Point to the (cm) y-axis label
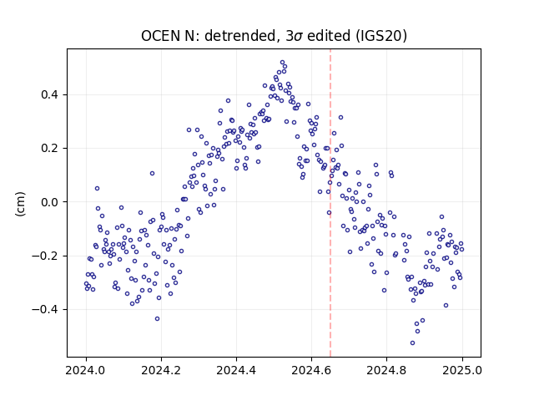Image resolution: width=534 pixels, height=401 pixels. [x=20, y=204]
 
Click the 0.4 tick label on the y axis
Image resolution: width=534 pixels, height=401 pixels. [x=49, y=94]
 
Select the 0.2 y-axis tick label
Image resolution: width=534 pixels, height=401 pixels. [x=49, y=149]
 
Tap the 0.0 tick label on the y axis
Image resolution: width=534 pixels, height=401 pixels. [x=49, y=202]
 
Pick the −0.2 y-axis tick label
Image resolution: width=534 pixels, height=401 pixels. [x=45, y=256]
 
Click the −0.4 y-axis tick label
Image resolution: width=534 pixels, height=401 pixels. [x=45, y=309]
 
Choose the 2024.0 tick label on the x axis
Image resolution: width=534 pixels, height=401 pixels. [x=86, y=370]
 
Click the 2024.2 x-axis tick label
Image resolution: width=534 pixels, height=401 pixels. [x=161, y=370]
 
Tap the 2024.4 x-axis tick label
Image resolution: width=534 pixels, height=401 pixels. [x=236, y=370]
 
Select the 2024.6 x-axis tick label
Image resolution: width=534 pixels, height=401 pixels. [x=311, y=370]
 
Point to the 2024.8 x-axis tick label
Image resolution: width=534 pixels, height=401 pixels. [x=386, y=370]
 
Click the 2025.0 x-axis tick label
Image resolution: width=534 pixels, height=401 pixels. [x=462, y=370]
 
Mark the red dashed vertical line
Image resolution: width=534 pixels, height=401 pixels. [x=330, y=203]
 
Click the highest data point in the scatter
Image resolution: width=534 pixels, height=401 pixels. [x=282, y=63]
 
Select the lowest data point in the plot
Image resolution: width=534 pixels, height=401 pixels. [x=412, y=343]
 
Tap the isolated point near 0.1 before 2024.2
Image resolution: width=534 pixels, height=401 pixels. [x=152, y=173]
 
